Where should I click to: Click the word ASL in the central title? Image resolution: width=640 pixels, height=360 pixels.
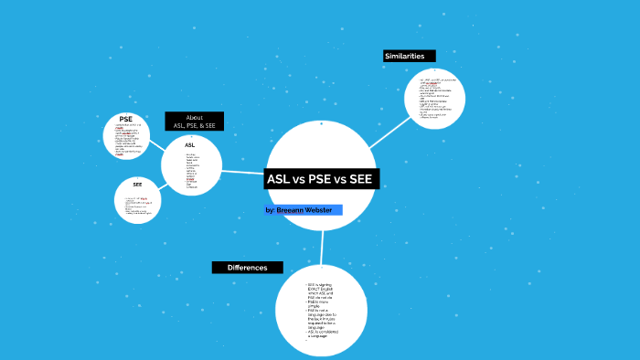(278, 179)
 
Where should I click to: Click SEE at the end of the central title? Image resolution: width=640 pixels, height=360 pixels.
(360, 179)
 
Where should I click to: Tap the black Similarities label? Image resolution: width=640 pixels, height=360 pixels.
(404, 56)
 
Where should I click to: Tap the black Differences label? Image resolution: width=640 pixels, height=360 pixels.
(247, 268)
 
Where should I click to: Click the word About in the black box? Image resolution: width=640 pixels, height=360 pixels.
(194, 117)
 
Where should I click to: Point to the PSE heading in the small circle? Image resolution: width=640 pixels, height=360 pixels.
(126, 119)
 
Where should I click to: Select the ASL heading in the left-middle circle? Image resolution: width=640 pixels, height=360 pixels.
(190, 145)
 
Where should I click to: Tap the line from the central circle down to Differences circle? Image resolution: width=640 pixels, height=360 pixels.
(323, 247)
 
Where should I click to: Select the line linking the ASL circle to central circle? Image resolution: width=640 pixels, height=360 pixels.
(243, 172)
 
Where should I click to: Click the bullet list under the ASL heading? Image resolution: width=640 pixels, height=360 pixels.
(191, 171)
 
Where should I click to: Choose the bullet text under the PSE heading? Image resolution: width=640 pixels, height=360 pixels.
(125, 140)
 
